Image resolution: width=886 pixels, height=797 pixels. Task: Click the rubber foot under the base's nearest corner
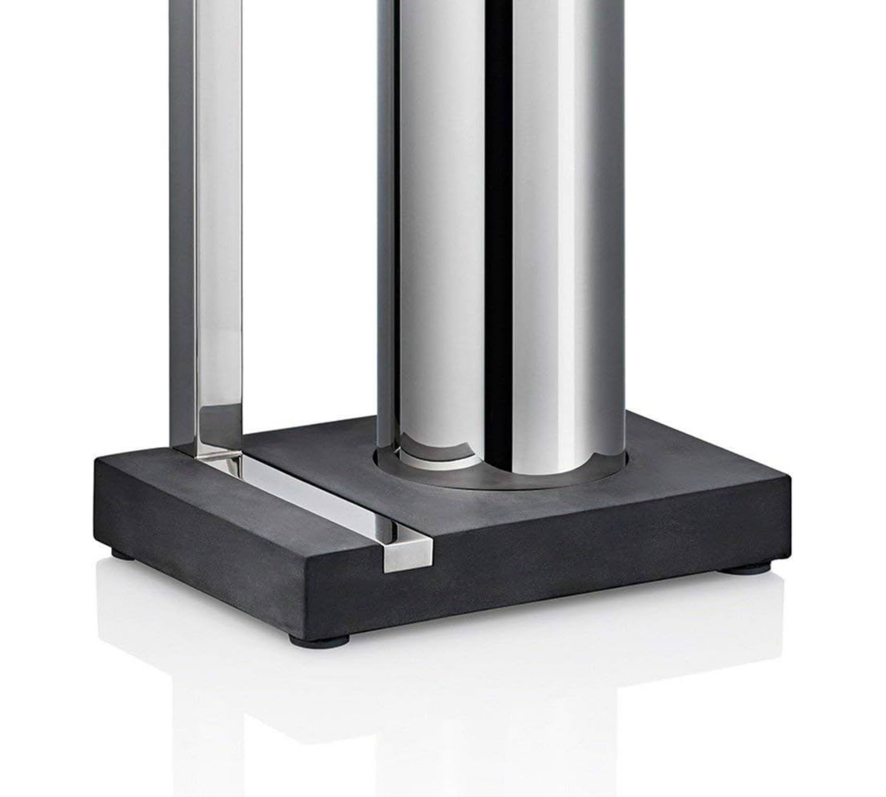[319, 639]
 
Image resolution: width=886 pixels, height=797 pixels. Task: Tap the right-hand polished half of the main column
[558, 221]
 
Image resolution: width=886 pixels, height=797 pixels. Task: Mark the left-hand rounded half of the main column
[439, 221]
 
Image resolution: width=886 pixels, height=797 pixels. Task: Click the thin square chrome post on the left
[219, 221]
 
